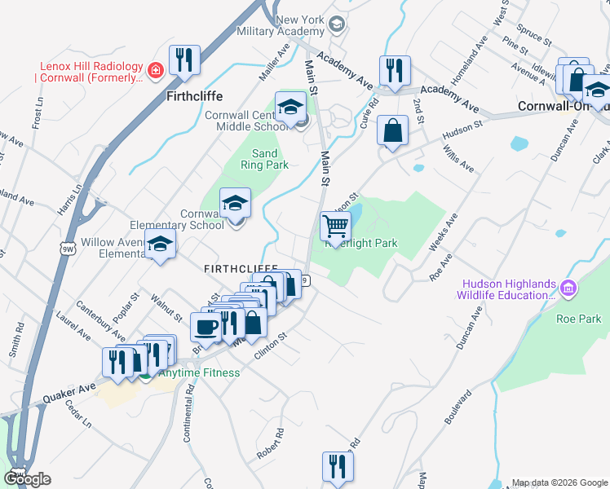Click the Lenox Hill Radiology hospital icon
[153, 70]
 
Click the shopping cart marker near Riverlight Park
[335, 226]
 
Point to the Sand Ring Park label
[264, 159]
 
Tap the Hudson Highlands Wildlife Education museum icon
[569, 287]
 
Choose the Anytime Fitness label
[199, 373]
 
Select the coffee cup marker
[204, 326]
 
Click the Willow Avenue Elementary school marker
[161, 244]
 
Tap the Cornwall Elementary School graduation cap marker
[236, 203]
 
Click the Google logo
[27, 479]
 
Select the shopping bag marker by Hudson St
[392, 130]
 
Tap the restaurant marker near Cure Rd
[395, 70]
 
